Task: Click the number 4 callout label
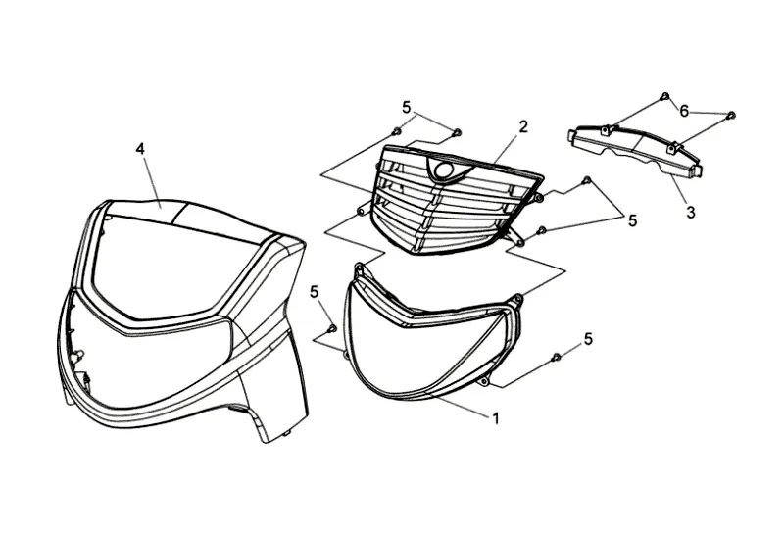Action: [140, 148]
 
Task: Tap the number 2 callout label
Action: [523, 126]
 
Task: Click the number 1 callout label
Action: [496, 418]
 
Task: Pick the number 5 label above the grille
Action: [405, 107]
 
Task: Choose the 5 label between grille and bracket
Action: [632, 221]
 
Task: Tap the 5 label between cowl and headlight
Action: [315, 291]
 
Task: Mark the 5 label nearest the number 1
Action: [588, 338]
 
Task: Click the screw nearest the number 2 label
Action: [457, 131]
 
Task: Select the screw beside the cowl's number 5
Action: [332, 327]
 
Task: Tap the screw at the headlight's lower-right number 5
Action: [556, 358]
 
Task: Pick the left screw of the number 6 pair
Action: [665, 96]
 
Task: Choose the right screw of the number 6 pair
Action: [731, 116]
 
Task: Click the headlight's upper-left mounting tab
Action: [360, 266]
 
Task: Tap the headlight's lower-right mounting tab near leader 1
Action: [485, 380]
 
